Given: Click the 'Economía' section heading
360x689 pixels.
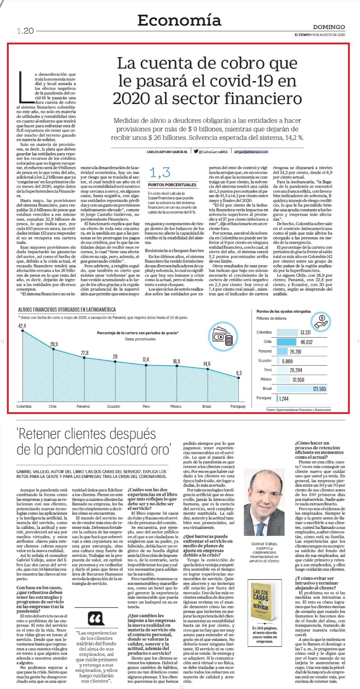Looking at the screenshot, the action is [x=179, y=20].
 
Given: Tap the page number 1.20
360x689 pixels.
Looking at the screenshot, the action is [x=25, y=31].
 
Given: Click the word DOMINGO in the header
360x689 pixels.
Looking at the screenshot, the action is [x=329, y=27].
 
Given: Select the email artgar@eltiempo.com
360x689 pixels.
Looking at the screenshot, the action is [x=251, y=152].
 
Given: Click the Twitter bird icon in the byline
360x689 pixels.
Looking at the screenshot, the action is [x=196, y=151].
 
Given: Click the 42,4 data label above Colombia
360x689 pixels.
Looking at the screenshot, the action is [x=22, y=326].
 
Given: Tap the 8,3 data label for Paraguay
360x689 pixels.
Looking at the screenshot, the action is [x=239, y=373].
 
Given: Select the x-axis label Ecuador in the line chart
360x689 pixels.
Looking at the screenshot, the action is [x=114, y=406].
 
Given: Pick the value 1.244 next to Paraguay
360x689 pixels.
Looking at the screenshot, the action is [x=284, y=399].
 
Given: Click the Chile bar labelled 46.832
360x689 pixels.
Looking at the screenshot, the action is [x=287, y=342].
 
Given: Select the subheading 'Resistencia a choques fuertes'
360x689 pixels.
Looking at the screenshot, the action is [x=175, y=250].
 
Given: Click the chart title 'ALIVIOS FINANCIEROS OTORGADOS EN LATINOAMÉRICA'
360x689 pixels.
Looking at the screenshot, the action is [x=67, y=310].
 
